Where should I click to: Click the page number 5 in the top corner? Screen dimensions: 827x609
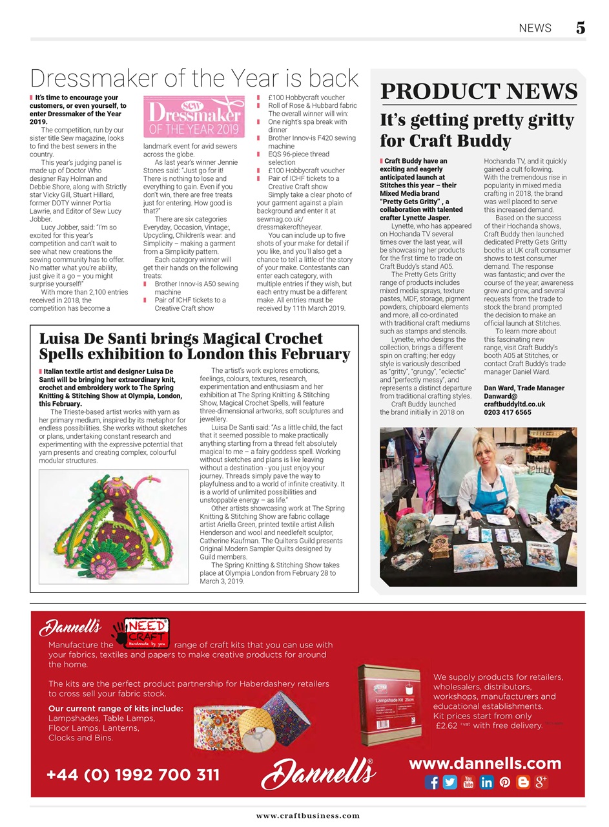580,28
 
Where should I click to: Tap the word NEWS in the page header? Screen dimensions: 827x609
535,28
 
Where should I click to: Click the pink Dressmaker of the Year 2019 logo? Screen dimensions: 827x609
194,117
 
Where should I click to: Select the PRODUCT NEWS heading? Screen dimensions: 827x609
479,91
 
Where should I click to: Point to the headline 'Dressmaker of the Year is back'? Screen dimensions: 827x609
194,78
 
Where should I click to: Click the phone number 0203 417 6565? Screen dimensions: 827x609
508,412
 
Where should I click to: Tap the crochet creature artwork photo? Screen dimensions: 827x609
113,526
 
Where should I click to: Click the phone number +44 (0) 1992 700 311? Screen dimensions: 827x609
133,774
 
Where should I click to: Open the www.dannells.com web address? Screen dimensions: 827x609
485,763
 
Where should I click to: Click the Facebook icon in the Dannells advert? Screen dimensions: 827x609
432,782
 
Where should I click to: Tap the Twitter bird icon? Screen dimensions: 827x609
450,782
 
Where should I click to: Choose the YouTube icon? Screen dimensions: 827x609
469,782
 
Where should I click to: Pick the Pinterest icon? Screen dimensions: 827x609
505,782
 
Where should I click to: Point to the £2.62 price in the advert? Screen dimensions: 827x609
447,726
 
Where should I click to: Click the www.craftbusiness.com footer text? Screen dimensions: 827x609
307,815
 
